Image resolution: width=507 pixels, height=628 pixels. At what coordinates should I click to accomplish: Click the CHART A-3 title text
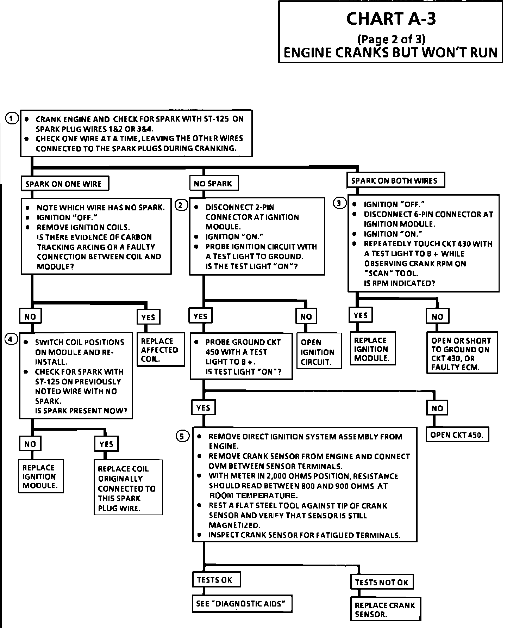click(391, 19)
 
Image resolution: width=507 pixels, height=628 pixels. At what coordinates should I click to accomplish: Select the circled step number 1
click(12, 118)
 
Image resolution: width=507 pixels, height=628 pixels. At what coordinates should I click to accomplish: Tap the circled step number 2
click(181, 205)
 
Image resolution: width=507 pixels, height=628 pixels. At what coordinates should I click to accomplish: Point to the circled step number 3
click(339, 203)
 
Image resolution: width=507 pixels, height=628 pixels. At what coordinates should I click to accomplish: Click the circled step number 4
click(11, 339)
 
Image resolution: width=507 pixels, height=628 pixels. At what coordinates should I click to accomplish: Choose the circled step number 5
click(182, 437)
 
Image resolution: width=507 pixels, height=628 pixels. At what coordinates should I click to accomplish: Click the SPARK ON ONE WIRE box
click(65, 184)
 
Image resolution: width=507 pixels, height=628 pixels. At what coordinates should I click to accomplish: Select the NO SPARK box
click(214, 183)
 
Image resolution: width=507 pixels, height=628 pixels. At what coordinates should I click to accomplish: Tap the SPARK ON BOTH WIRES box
click(395, 180)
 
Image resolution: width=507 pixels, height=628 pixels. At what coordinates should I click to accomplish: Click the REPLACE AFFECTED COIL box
click(161, 350)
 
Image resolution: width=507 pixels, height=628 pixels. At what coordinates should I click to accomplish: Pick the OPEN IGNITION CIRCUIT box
click(319, 351)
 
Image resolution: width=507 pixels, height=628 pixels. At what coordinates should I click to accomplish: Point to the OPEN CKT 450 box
click(458, 435)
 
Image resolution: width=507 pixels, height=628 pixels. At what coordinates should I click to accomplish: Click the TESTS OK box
click(216, 580)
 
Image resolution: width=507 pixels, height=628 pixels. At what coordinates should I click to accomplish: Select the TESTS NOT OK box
click(382, 582)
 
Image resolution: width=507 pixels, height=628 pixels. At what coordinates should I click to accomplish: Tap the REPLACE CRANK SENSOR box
click(386, 609)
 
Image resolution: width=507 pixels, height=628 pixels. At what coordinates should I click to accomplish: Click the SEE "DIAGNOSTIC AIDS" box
click(242, 604)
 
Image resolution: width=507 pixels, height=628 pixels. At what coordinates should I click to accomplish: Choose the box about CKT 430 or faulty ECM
click(462, 353)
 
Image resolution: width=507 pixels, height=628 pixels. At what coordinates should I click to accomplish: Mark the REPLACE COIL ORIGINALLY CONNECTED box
click(128, 488)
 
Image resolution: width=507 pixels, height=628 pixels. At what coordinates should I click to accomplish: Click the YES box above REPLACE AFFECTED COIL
click(148, 317)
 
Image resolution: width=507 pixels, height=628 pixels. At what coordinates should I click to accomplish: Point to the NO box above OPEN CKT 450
click(437, 408)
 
